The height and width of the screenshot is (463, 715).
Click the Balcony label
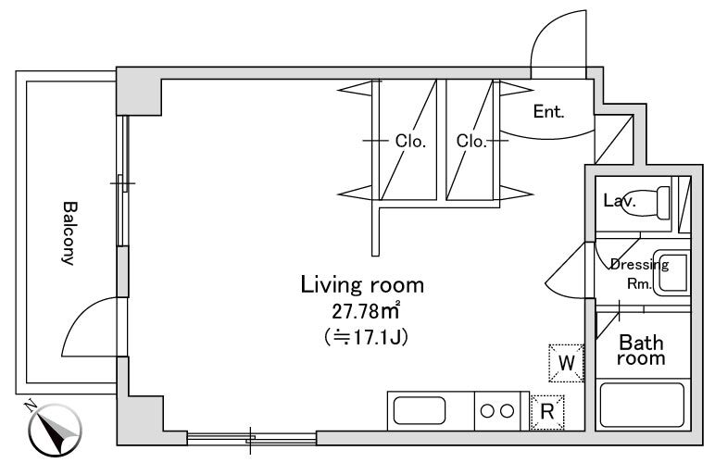pos(69,232)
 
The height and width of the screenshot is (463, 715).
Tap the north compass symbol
pos(53,428)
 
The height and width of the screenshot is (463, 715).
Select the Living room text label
pos(362,285)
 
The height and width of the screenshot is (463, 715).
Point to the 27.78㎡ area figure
pos(365,311)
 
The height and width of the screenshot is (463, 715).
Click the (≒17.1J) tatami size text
pos(366,338)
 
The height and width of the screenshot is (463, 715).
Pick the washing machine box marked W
pos(566,363)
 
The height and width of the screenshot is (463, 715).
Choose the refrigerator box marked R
pos(547,412)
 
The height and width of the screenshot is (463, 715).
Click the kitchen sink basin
pos(419,410)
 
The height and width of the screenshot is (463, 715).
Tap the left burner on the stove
pos(487,411)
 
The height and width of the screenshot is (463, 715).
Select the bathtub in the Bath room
pos(642,406)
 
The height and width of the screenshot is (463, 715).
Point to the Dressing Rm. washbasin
pos(671,272)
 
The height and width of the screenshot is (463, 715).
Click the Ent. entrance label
pos(548,112)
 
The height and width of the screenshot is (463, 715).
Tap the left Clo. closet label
pos(410,141)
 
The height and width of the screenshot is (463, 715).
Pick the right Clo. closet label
pos(471,141)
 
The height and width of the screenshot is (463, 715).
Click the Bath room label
pos(641,350)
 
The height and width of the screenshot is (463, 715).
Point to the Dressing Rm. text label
pos(639,274)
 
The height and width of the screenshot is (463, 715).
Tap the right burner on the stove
pos(507,411)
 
